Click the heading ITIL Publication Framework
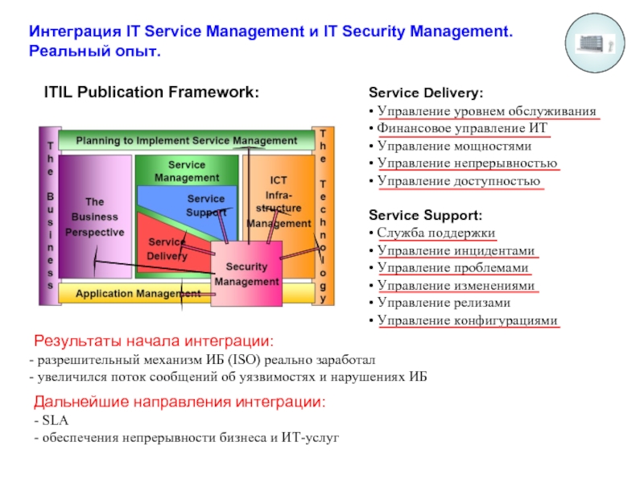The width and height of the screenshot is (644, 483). click(151, 93)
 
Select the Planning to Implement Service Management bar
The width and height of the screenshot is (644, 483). click(186, 140)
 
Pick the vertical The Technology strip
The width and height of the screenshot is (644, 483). click(323, 216)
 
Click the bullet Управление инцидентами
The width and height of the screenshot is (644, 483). click(456, 250)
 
